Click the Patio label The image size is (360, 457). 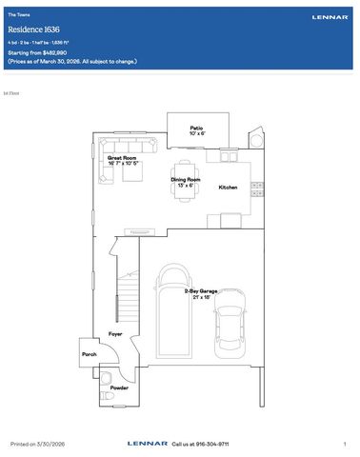pos(196,128)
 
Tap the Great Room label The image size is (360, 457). pos(123,157)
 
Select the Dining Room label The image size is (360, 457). pos(185,179)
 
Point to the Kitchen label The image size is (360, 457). pos(228,188)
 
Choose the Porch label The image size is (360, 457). pos(90,353)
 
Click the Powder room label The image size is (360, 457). pos(119,388)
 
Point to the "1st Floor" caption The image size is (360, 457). pos(10,94)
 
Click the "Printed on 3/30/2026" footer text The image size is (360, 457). pos(38,444)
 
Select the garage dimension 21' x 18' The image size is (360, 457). pos(203,299)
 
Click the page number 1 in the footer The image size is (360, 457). pos(344,444)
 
